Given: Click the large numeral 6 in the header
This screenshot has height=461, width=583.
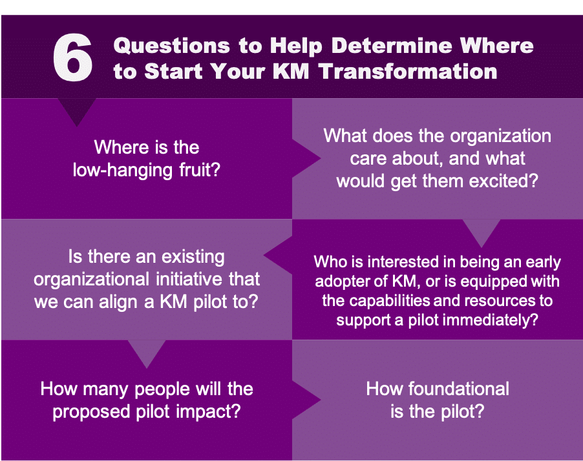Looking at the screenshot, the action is pyautogui.click(x=72, y=57).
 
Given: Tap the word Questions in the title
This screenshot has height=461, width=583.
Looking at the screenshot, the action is pyautogui.click(x=172, y=46).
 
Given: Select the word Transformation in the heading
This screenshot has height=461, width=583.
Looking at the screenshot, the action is pyautogui.click(x=408, y=71).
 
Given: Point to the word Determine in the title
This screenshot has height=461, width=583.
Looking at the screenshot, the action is pyautogui.click(x=392, y=45).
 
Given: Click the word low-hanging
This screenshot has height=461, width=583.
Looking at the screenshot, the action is pyautogui.click(x=123, y=170).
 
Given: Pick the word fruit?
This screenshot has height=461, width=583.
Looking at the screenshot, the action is pyautogui.click(x=200, y=170).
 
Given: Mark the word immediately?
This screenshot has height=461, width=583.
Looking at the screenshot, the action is pyautogui.click(x=495, y=320).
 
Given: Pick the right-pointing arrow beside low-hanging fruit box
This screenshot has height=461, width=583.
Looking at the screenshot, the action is pyautogui.click(x=306, y=159).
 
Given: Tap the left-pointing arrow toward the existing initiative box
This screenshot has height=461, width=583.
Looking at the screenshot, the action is pyautogui.click(x=278, y=255).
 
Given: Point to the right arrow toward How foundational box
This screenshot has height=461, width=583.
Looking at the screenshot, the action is pyautogui.click(x=306, y=400).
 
